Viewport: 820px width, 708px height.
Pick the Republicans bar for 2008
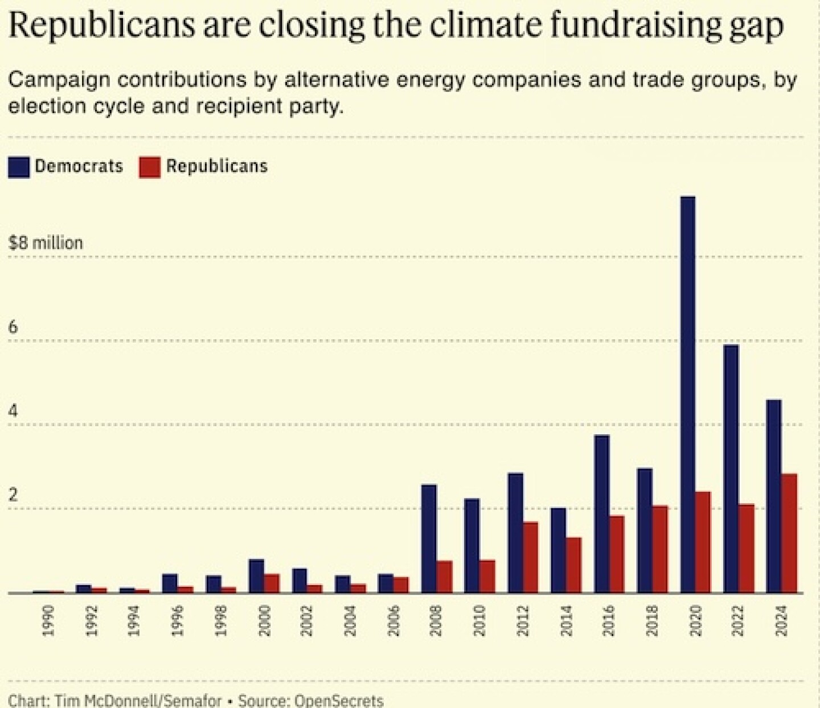[x=444, y=577]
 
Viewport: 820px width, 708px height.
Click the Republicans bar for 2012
[x=530, y=557]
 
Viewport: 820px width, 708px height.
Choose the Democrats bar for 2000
[x=256, y=576]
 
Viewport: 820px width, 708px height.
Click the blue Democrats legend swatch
[x=19, y=167]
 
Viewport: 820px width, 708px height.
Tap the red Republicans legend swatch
[x=150, y=167]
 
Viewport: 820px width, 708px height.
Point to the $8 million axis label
[x=46, y=243]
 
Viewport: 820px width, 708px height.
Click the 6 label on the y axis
[x=13, y=327]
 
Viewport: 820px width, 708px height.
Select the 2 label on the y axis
[x=13, y=495]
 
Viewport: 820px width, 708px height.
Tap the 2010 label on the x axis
[x=479, y=620]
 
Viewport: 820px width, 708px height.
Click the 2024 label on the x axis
[x=781, y=620]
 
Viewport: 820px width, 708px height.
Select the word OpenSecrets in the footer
[x=339, y=700]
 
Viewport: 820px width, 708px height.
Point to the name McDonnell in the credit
[x=117, y=700]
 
